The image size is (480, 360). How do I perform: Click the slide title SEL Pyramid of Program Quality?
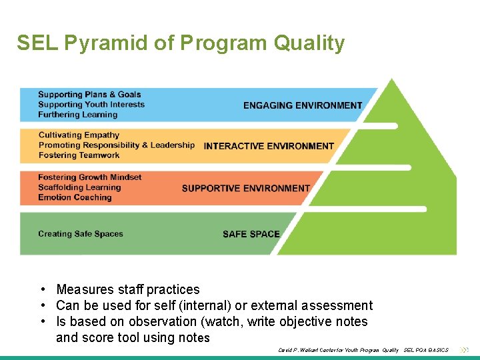click(181, 43)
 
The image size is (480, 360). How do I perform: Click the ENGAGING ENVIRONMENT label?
click(303, 105)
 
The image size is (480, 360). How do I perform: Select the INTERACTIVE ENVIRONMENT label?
click(269, 146)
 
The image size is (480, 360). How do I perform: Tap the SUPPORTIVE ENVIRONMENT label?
click(245, 189)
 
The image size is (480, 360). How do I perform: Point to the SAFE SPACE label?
click(251, 234)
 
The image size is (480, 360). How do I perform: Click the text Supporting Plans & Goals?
click(89, 95)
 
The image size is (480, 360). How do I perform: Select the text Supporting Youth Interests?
click(91, 105)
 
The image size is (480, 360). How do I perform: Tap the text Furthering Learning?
click(77, 115)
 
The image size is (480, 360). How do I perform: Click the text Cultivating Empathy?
click(79, 135)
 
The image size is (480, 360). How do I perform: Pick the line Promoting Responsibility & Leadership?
click(117, 145)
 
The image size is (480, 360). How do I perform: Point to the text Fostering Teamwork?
click(79, 155)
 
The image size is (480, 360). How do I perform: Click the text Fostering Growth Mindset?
click(90, 177)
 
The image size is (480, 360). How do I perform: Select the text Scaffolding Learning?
click(79, 187)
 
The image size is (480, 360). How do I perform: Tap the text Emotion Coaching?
click(75, 197)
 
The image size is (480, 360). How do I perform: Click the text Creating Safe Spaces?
click(81, 234)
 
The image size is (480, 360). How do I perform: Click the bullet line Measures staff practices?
click(128, 289)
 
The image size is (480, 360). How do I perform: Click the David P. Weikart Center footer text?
click(339, 350)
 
